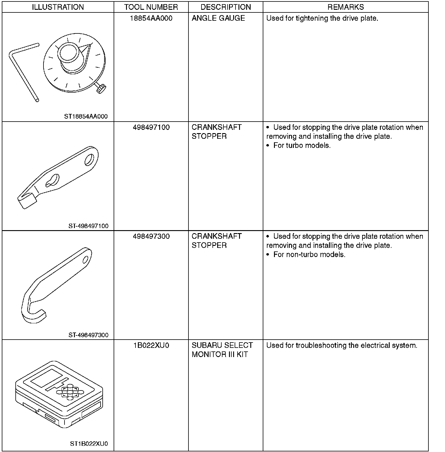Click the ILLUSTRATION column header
58,7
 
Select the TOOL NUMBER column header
151,7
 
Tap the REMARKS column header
346,7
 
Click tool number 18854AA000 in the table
151,18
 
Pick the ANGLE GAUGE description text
218,18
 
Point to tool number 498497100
151,127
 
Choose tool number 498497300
151,236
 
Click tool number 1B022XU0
151,345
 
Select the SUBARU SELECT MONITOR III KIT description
222,350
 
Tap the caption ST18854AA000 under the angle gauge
86,117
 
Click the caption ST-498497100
88,226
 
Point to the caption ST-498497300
88,335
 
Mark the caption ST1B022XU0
89,444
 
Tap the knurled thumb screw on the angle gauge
101,88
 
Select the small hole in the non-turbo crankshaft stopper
86,259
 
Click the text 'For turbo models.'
302,146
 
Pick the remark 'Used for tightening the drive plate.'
322,18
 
